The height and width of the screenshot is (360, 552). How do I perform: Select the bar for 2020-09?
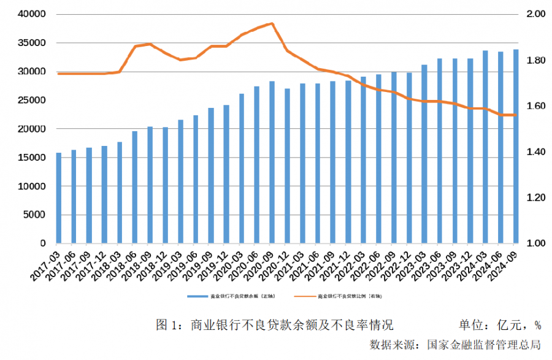coord(272,162)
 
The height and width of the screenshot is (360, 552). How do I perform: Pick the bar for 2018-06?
coord(135,187)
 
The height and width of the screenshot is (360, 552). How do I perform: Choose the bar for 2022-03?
coord(363,159)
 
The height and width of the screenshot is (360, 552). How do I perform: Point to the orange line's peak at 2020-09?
coord(272,24)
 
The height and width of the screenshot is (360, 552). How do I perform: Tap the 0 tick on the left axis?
coord(43,243)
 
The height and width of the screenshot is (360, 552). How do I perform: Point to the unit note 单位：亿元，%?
coord(500,324)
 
